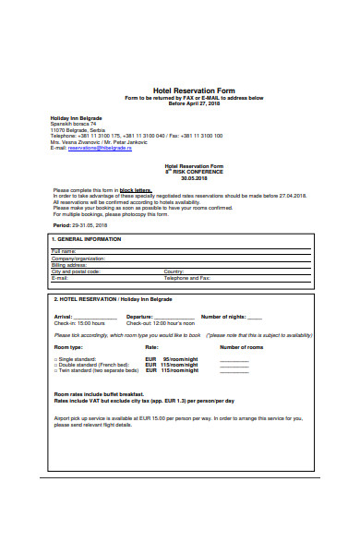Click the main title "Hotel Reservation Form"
(181, 91)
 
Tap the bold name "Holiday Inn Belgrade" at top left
(76, 118)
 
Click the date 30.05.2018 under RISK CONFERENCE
(182, 177)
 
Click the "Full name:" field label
(64, 251)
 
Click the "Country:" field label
(174, 271)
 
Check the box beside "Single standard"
(55, 357)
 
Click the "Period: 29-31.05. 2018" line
(80, 225)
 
